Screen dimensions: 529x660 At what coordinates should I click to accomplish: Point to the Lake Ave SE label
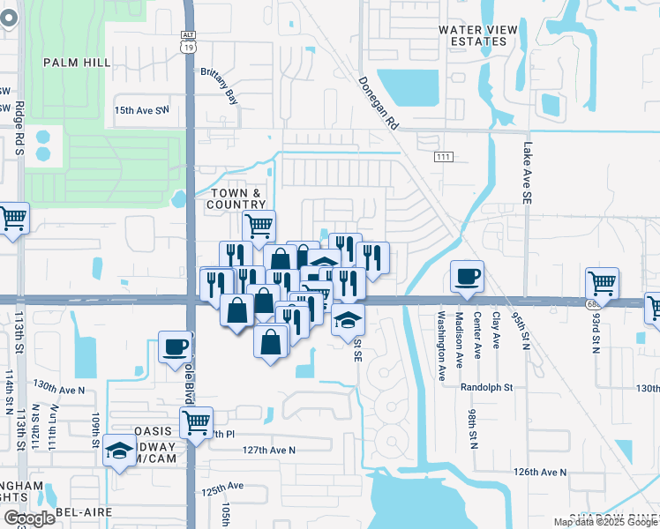[528, 175]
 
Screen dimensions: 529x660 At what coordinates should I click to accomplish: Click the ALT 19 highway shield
[189, 44]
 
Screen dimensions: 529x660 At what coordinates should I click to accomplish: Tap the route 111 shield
[444, 156]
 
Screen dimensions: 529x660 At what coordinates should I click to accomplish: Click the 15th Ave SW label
[141, 110]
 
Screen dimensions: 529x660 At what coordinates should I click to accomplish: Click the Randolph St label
[486, 387]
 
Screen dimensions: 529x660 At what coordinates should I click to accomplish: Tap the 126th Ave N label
[541, 472]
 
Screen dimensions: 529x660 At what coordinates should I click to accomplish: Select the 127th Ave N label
[268, 450]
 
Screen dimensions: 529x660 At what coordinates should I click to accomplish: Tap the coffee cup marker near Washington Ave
[467, 276]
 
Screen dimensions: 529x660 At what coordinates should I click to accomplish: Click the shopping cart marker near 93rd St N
[601, 283]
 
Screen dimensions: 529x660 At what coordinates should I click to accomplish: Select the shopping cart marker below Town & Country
[259, 226]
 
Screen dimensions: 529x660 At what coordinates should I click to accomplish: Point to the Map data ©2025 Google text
[605, 522]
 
